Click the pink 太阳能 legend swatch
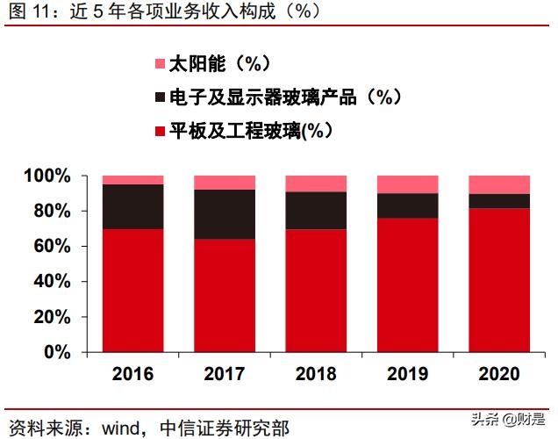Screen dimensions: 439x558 (x=160, y=64)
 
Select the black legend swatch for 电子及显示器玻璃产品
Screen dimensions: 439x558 (x=160, y=97)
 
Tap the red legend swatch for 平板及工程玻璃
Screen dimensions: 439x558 (x=160, y=131)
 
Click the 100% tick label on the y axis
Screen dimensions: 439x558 (x=46, y=176)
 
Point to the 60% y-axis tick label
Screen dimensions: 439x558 (x=51, y=247)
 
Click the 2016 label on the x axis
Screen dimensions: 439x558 (x=132, y=374)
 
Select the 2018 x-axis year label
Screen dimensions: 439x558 (x=316, y=374)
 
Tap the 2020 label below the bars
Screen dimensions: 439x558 (x=499, y=374)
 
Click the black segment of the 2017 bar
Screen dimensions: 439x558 (x=224, y=214)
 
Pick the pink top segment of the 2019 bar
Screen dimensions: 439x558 (x=407, y=184)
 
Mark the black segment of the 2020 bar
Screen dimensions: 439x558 (x=499, y=201)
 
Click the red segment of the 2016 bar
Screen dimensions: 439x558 (x=132, y=290)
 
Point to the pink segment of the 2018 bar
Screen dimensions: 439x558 (x=316, y=184)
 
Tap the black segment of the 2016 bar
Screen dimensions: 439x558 (x=132, y=206)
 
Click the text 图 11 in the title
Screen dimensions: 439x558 (x=26, y=11)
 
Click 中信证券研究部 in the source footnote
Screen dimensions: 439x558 (x=225, y=428)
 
